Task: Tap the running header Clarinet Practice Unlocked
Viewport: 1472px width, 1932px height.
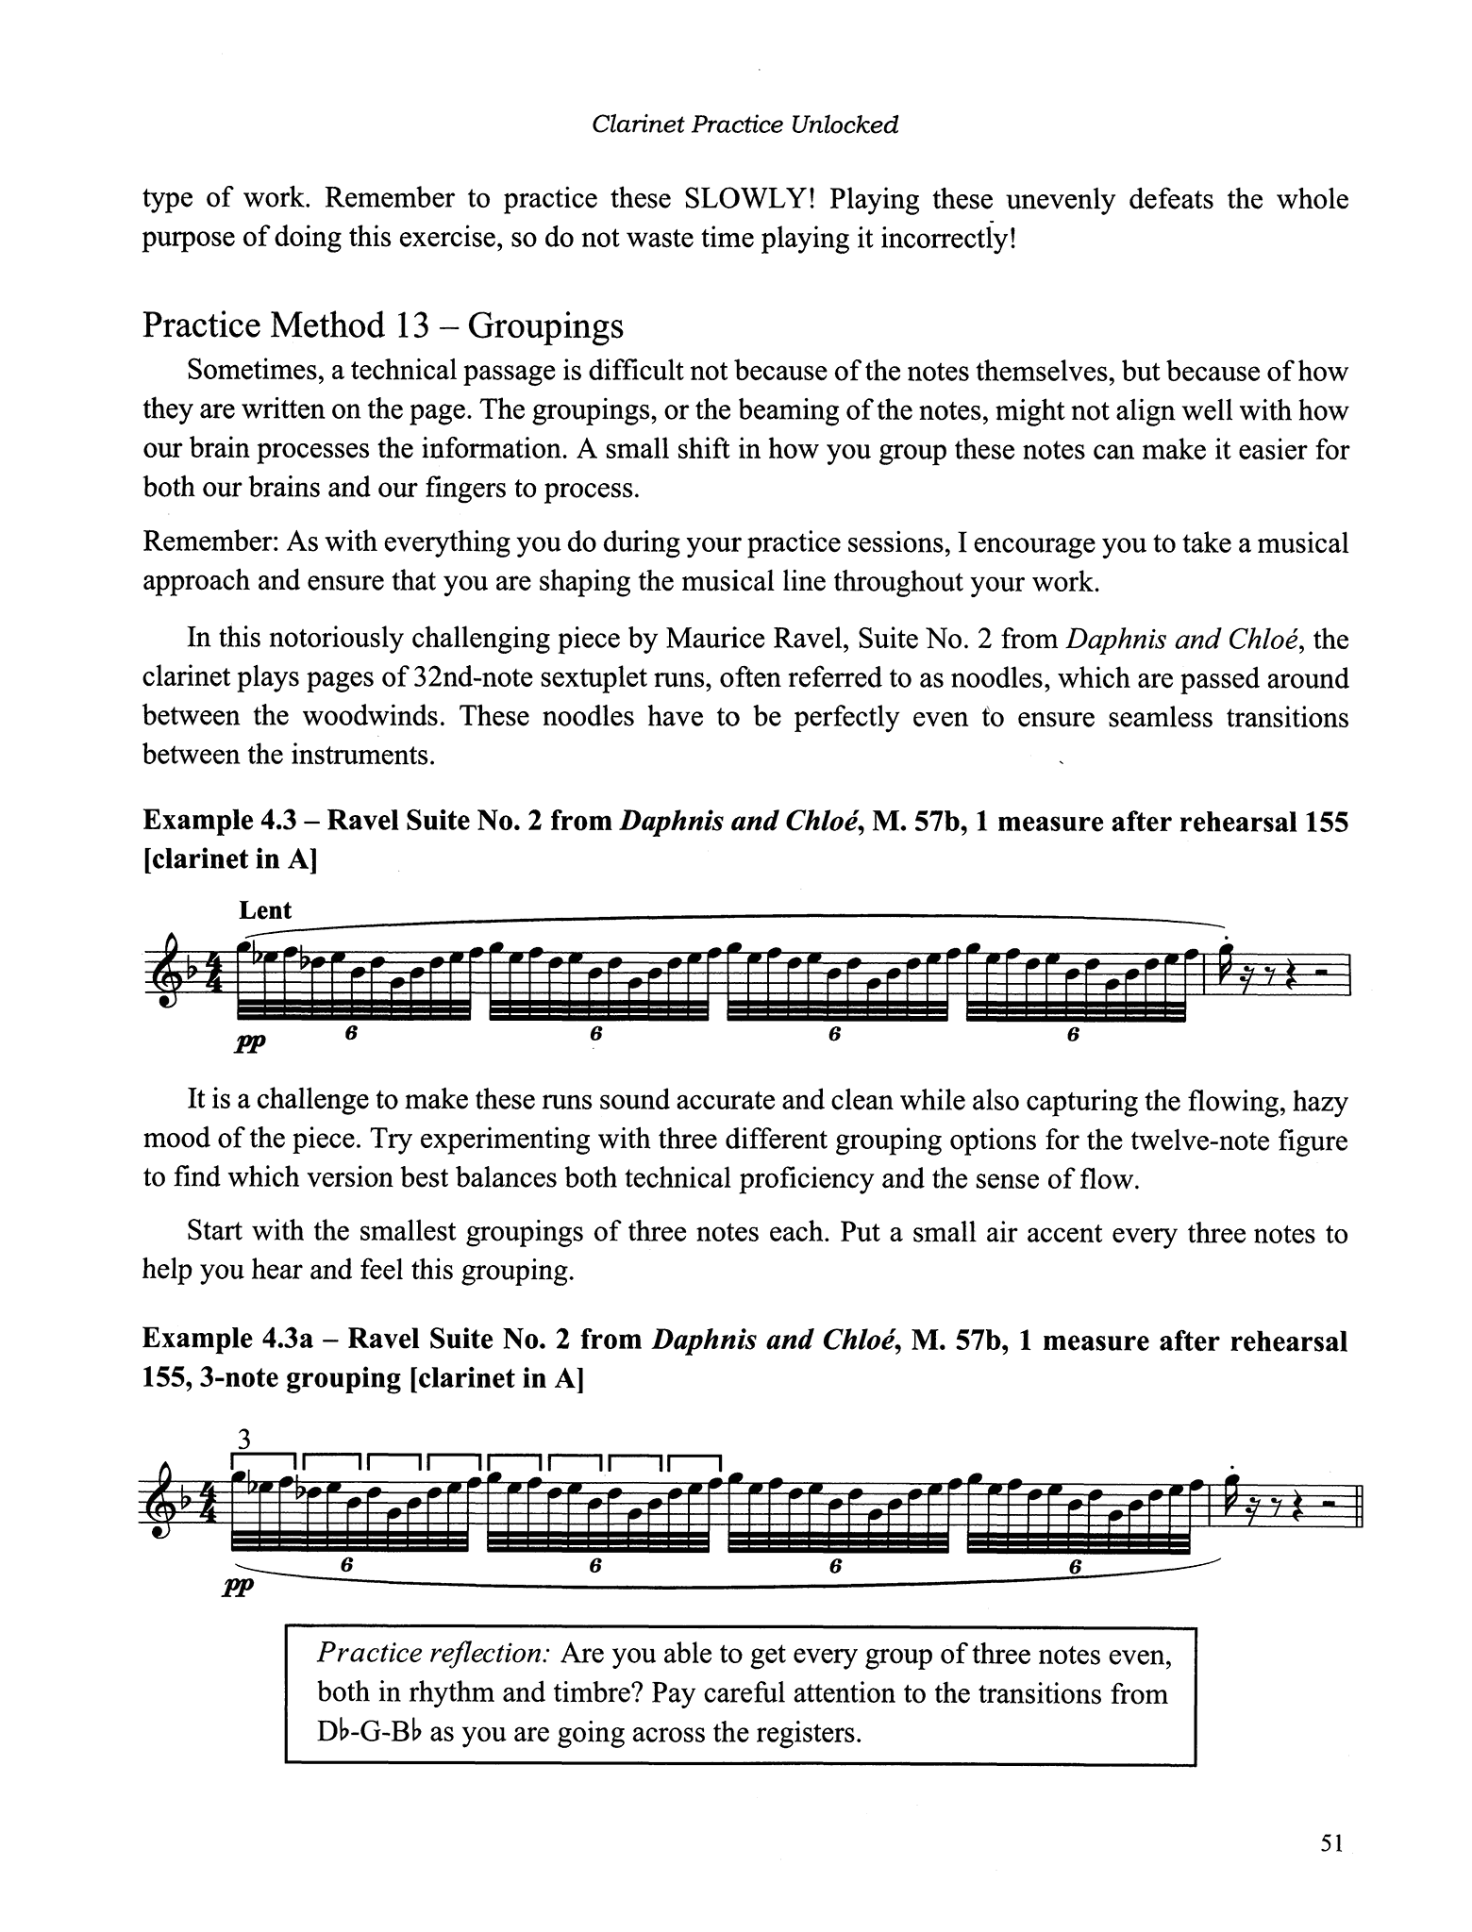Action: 744,125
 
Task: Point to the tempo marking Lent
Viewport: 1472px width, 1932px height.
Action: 265,910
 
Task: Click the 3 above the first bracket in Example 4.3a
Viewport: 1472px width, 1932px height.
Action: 244,1440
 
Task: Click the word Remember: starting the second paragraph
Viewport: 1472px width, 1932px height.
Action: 210,543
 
